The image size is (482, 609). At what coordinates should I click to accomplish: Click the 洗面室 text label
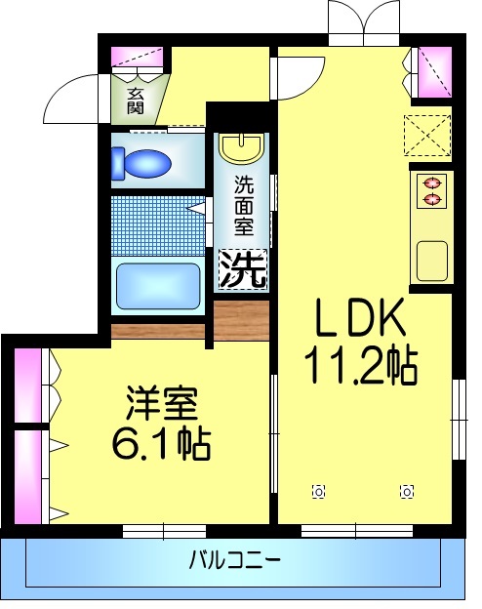pos(243,204)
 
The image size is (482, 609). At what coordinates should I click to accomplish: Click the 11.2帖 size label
pos(360,366)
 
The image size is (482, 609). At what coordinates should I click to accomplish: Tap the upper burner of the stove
pos(430,182)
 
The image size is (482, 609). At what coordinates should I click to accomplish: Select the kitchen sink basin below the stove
pos(430,259)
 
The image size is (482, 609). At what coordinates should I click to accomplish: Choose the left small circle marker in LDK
pos(317,491)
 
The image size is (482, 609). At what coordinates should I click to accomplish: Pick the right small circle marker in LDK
pos(407,491)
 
